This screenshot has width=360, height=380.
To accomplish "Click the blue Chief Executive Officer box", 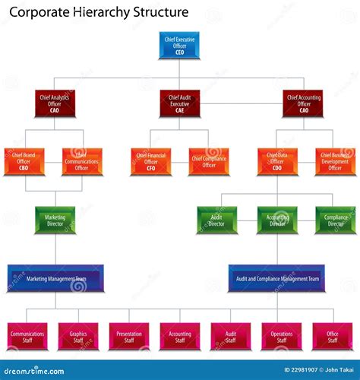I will (x=180, y=46).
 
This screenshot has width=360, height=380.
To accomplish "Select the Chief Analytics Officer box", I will (x=55, y=103).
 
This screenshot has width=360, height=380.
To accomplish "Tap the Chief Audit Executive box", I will (x=180, y=103).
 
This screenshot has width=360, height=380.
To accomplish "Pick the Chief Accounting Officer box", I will (x=304, y=103).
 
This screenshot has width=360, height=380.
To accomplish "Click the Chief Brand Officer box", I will (x=24, y=161).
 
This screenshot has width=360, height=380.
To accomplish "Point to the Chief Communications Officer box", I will (x=81, y=161).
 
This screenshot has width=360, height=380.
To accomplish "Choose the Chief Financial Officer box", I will (x=151, y=161).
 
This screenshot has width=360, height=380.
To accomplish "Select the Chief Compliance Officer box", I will (x=208, y=161).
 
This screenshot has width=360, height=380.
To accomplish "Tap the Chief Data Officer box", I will (x=277, y=161).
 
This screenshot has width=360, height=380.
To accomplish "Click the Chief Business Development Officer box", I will (x=335, y=161).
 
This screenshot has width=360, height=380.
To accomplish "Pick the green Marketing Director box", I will (x=55, y=220).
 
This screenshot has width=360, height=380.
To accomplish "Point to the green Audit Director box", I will (x=217, y=220).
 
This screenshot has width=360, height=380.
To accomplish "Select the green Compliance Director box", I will (x=335, y=220).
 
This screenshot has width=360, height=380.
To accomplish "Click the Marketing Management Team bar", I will (x=55, y=278).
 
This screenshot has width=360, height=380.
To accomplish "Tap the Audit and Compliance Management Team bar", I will (x=277, y=278).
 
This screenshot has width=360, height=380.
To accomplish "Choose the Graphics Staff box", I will (x=78, y=336).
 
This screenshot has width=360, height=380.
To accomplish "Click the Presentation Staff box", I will (x=129, y=336).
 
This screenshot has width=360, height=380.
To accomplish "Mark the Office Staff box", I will (x=333, y=336).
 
